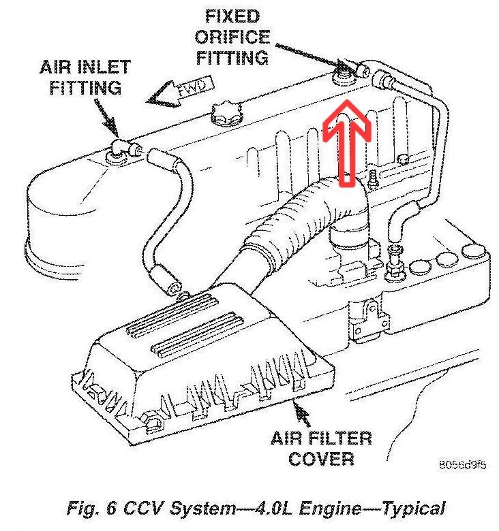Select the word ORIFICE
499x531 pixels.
click(232, 37)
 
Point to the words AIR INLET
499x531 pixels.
click(85, 67)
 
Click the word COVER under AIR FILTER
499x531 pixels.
click(320, 459)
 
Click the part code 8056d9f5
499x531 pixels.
click(462, 466)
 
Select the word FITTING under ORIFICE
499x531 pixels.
click(232, 57)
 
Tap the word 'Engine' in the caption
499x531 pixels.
click(334, 508)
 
